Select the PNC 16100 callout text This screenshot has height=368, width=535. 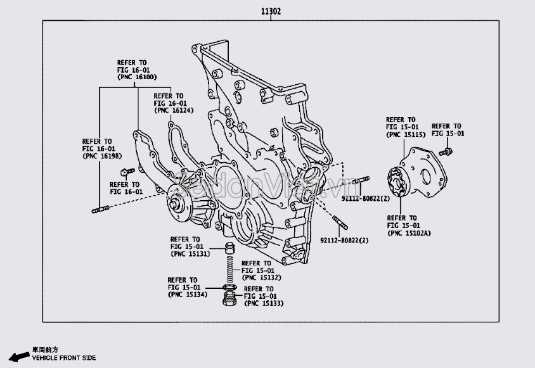pyautogui.click(x=136, y=77)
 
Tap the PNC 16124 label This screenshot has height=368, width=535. pyautogui.click(x=173, y=110)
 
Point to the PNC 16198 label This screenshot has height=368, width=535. pyautogui.click(x=101, y=156)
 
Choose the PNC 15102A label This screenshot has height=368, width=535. pyautogui.click(x=409, y=233)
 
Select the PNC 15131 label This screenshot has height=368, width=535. pyautogui.click(x=190, y=254)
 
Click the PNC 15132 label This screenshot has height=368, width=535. pyautogui.click(x=261, y=277)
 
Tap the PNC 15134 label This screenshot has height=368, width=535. pyautogui.click(x=187, y=295)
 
